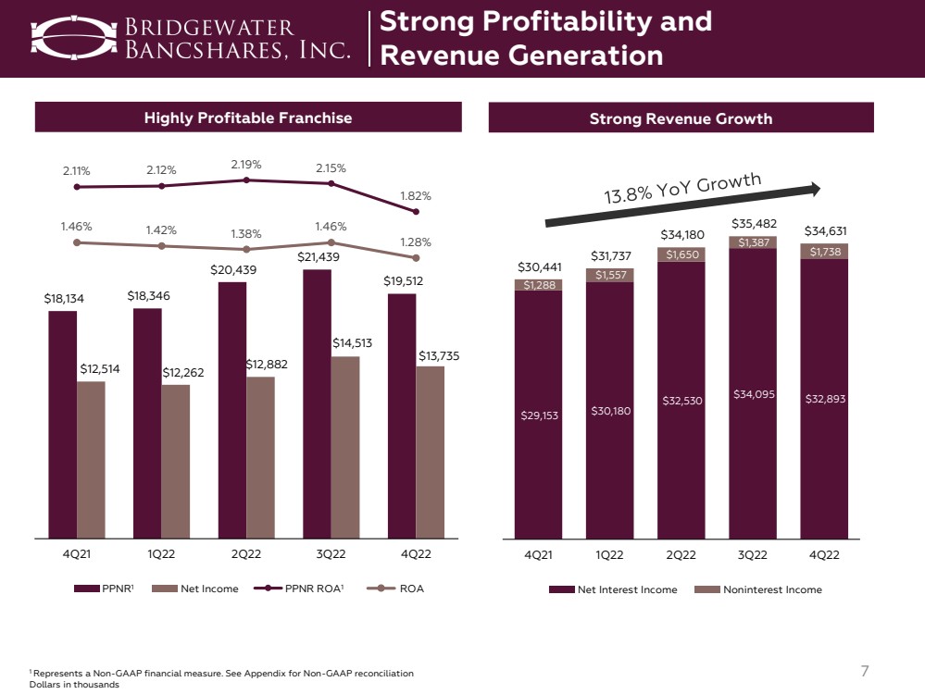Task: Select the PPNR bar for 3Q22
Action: pyautogui.click(x=317, y=403)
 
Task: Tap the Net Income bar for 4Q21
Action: pyautogui.click(x=91, y=458)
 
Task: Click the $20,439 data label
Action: pyautogui.click(x=232, y=270)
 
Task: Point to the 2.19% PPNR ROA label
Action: pyautogui.click(x=245, y=165)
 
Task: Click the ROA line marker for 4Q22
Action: pyautogui.click(x=415, y=257)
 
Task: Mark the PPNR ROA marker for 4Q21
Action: pyautogui.click(x=77, y=187)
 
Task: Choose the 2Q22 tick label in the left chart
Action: pyautogui.click(x=246, y=555)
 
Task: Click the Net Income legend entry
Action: pyautogui.click(x=194, y=589)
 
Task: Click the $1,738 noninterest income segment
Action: pyautogui.click(x=825, y=252)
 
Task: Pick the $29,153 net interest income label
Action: pyautogui.click(x=539, y=416)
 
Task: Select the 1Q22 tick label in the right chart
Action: pyautogui.click(x=609, y=555)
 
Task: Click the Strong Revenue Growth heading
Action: pyautogui.click(x=681, y=118)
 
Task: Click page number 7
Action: pyautogui.click(x=866, y=671)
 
